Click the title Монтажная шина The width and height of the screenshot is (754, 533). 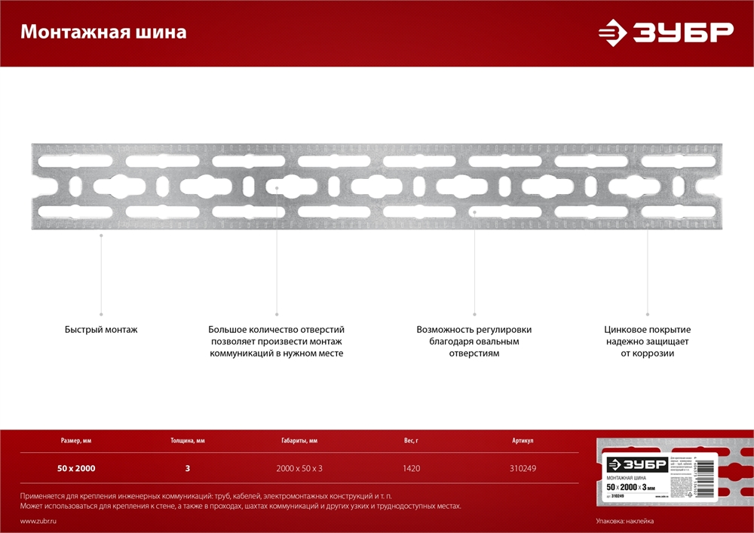[x=103, y=32]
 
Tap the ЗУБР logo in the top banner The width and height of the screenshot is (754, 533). [x=666, y=32]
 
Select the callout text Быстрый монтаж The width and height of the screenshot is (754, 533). [x=101, y=330]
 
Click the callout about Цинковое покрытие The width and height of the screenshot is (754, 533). [x=648, y=341]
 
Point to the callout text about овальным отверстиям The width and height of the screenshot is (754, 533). [x=474, y=341]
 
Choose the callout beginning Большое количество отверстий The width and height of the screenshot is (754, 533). [x=277, y=341]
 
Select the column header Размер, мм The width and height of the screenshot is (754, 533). [x=76, y=440]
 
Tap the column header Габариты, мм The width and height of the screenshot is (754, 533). [x=299, y=440]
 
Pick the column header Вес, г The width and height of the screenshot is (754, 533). [x=411, y=440]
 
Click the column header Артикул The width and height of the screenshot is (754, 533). [x=523, y=440]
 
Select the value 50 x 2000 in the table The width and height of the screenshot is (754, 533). [x=76, y=468]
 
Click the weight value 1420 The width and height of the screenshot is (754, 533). [x=411, y=468]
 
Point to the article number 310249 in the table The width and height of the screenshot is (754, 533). [x=523, y=468]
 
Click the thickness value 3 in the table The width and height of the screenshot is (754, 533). [x=188, y=468]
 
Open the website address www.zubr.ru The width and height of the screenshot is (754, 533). [x=38, y=522]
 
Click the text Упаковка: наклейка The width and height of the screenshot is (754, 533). [x=625, y=522]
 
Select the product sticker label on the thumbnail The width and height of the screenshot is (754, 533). [x=649, y=477]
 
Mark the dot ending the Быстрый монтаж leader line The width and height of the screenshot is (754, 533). [x=101, y=313]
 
